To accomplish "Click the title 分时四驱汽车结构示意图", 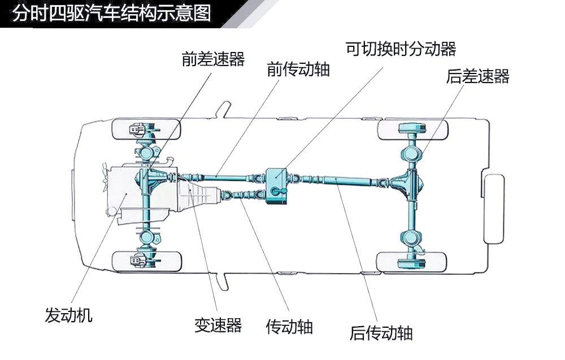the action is (111, 13).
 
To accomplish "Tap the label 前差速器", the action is (214, 59).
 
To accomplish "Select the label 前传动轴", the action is (298, 69).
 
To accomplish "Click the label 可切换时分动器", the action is (401, 49).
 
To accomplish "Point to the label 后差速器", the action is (478, 76).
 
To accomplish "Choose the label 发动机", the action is (68, 315).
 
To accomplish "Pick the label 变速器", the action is (218, 325).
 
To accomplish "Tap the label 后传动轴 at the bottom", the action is (381, 333).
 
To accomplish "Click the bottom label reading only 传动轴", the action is (289, 327).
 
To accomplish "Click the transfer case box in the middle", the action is (277, 185).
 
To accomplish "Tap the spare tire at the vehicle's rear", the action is (494, 209).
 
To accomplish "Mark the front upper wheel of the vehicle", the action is (146, 129).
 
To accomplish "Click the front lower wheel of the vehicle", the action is (146, 262).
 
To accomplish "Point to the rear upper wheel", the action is (412, 130).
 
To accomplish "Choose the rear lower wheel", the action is (411, 262).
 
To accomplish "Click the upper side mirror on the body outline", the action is (224, 109).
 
